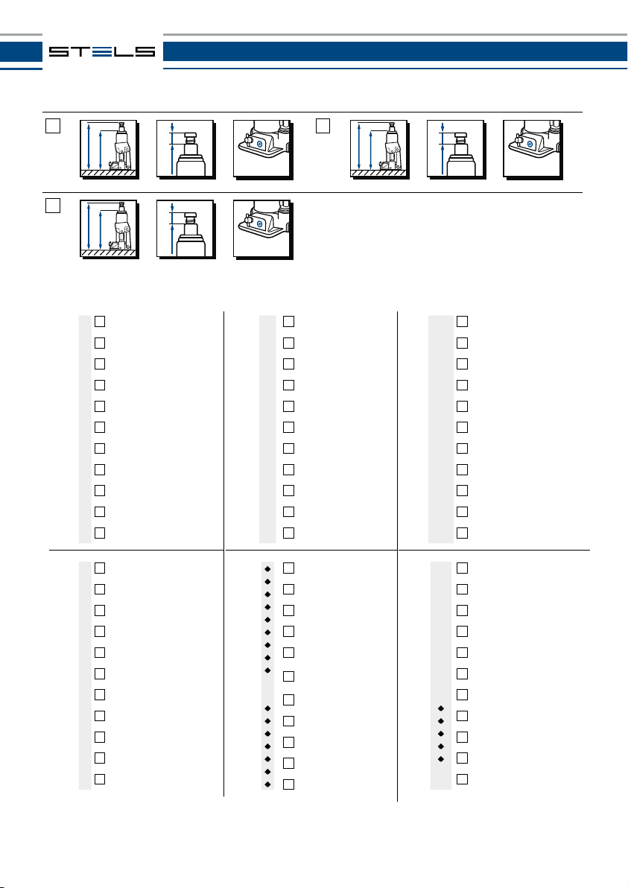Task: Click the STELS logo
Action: tap(102, 51)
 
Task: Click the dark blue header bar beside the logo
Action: tap(395, 51)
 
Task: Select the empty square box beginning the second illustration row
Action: tap(52, 206)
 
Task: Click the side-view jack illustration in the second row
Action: tap(108, 228)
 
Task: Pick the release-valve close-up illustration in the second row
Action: tap(262, 228)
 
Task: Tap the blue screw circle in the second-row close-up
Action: tap(259, 223)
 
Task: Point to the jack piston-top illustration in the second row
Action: tap(185, 228)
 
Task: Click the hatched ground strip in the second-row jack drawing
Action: tap(108, 253)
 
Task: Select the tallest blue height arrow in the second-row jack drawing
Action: tap(89, 227)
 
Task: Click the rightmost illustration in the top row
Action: tap(532, 148)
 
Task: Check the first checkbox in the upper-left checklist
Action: tap(100, 321)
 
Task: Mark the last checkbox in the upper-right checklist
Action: tap(462, 533)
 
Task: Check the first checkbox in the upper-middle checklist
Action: tap(288, 321)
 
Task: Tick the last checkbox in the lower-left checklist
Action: tap(100, 779)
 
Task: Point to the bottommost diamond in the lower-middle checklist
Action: tap(267, 784)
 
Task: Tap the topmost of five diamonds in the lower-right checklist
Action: tap(441, 709)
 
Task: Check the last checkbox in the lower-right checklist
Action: tap(462, 779)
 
